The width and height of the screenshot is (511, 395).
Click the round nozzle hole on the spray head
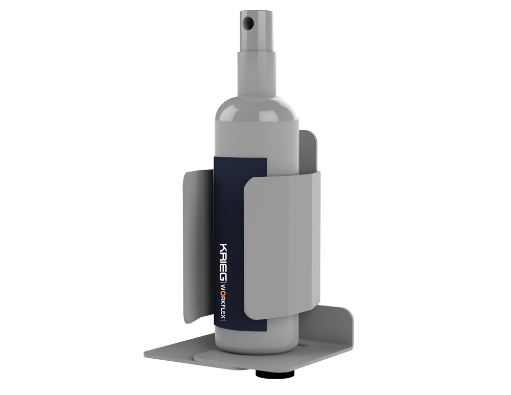click(x=248, y=22)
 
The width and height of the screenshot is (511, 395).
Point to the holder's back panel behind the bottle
click(x=309, y=148)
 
